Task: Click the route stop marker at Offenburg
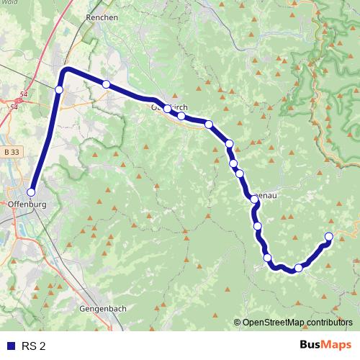(x=31, y=192)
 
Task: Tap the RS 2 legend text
(x=32, y=346)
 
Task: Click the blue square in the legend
(x=9, y=346)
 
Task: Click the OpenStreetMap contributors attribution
(x=298, y=323)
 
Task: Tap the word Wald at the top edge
(x=10, y=3)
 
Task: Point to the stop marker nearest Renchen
(x=106, y=84)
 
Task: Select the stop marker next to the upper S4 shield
(x=59, y=89)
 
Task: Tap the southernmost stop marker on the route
(x=298, y=269)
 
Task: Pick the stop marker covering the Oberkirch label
(x=167, y=109)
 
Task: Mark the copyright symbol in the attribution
(x=238, y=323)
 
